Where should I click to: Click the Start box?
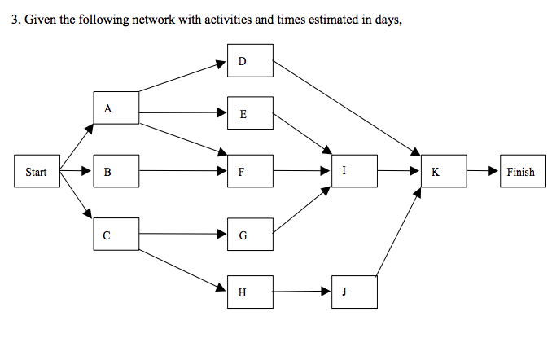coord(37,172)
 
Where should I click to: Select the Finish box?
coord(521,172)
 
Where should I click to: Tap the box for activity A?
coord(116,108)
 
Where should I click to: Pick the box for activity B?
coord(116,172)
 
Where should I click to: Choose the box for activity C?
coord(116,235)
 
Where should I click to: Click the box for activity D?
coord(250,61)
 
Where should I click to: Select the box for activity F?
coord(250,172)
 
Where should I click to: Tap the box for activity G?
coord(250,235)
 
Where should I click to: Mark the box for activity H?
coord(250,292)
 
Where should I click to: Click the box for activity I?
coord(354,171)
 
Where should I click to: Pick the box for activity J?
coord(354,292)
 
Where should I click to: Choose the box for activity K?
coord(444,172)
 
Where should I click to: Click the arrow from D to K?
coord(346,107)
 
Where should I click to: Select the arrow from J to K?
coord(399,232)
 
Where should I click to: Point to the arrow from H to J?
coord(302,291)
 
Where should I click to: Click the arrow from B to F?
coord(182,172)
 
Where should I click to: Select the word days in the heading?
coord(386,20)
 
